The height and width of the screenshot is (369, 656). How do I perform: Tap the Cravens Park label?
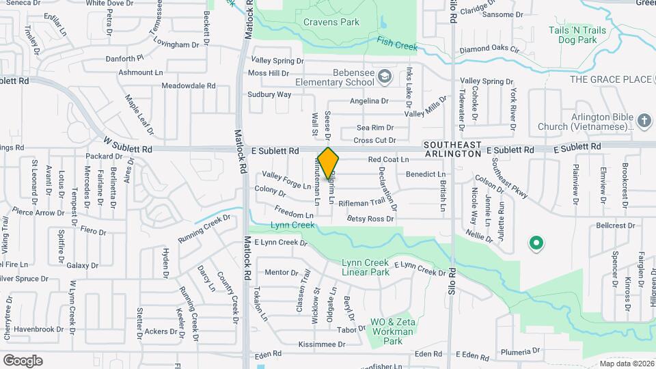point(331,22)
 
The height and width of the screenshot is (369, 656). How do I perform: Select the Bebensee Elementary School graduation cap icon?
point(385,75)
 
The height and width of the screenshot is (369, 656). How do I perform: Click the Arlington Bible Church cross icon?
point(644,121)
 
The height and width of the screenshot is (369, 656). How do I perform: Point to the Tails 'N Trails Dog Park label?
point(578,36)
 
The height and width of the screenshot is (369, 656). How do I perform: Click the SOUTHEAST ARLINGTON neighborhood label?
point(452,150)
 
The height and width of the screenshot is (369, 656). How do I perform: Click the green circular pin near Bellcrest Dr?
point(536,243)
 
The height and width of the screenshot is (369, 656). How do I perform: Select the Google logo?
point(23,360)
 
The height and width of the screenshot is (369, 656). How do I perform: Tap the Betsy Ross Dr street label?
point(370,219)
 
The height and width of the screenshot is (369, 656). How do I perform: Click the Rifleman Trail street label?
point(367,202)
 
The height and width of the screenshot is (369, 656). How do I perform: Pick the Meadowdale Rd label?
point(188,86)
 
